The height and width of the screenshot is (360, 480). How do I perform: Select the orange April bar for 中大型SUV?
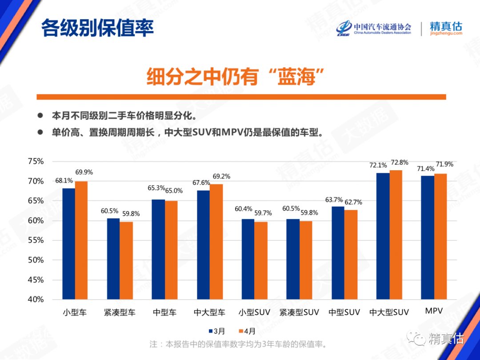pyautogui.click(x=396, y=235)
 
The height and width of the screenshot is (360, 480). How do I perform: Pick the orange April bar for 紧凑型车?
pyautogui.click(x=126, y=260)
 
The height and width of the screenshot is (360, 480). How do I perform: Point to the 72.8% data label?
pyautogui.click(x=398, y=163)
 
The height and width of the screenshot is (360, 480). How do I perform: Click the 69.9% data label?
pyautogui.click(x=84, y=172)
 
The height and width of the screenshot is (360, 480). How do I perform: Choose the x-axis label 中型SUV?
pyautogui.click(x=344, y=312)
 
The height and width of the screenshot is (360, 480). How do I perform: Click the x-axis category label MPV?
pyautogui.click(x=434, y=311)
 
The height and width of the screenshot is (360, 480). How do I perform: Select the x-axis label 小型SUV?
pyautogui.click(x=254, y=312)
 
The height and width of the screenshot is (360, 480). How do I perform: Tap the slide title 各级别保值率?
pyautogui.click(x=97, y=28)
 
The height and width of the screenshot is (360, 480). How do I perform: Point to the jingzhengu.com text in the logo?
pyautogui.click(x=446, y=33)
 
